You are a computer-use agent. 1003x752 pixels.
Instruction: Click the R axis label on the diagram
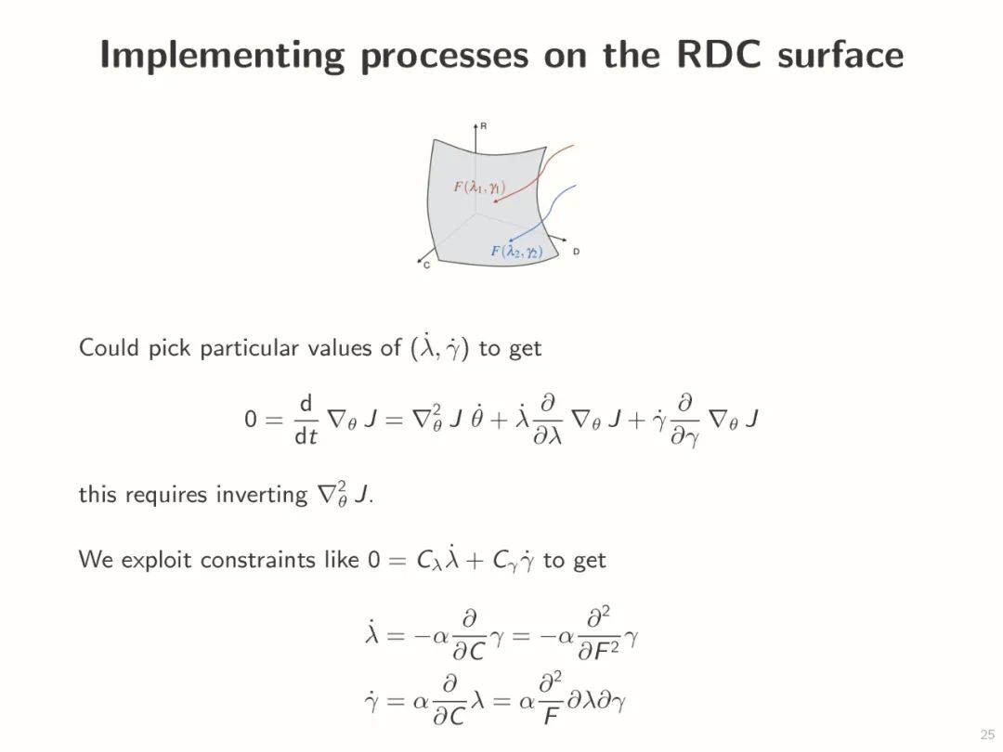[484, 124]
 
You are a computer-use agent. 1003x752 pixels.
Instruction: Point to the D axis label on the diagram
[577, 252]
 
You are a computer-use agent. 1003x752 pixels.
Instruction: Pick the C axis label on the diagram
[426, 266]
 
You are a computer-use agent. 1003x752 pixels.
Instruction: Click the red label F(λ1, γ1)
[478, 187]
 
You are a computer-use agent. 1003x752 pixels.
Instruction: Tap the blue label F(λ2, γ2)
[516, 251]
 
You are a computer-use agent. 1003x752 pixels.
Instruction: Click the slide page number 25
[986, 733]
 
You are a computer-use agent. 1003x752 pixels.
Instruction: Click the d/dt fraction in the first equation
[306, 420]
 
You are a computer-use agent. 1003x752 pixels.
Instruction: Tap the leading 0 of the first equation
[250, 420]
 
